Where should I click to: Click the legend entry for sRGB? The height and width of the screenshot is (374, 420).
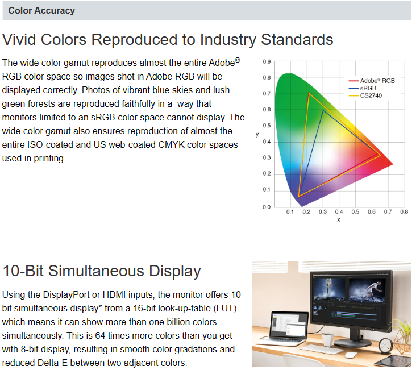[363, 88]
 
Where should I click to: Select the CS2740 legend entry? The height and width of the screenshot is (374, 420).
[365, 95]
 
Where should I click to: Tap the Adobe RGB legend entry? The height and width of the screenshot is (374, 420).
[372, 81]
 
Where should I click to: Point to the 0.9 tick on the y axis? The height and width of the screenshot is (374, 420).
[267, 62]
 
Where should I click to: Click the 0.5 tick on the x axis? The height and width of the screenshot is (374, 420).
[355, 212]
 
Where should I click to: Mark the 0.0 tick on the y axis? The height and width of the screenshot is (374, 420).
[267, 207]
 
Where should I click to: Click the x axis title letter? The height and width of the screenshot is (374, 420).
[339, 220]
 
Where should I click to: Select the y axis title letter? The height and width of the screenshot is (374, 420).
[257, 135]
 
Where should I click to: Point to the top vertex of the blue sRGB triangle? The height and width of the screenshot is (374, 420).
[323, 110]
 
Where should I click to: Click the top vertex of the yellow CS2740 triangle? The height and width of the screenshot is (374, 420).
[309, 93]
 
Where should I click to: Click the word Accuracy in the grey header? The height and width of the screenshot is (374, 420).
[55, 10]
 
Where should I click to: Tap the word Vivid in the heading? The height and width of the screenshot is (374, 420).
[19, 39]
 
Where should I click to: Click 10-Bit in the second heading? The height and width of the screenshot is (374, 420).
[23, 271]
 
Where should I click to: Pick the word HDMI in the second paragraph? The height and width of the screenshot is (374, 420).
[114, 294]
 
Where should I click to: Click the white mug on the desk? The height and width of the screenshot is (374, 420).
[328, 339]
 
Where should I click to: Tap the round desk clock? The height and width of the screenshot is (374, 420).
[386, 346]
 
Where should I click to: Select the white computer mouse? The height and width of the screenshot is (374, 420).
[351, 355]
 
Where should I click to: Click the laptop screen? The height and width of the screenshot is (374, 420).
[289, 325]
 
